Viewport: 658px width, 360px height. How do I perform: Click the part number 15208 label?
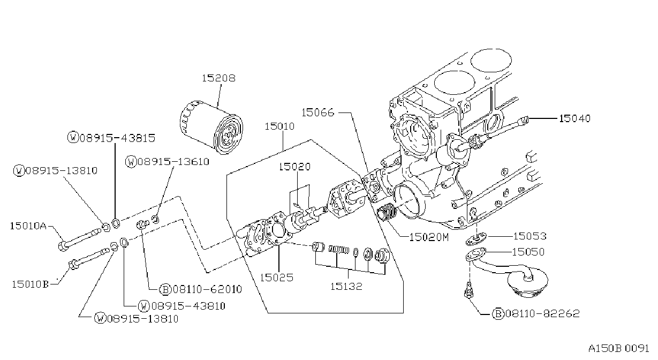click(218, 78)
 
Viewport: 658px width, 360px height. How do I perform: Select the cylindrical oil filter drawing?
click(211, 127)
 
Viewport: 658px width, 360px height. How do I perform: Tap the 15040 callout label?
click(574, 118)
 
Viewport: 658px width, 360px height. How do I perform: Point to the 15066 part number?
click(318, 112)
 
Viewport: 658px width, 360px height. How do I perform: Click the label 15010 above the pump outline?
click(279, 126)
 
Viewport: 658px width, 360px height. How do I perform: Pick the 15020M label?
click(429, 237)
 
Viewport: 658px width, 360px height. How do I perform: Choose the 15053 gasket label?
click(530, 236)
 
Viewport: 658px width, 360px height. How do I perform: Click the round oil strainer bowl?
click(527, 282)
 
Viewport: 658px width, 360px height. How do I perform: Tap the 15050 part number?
click(528, 252)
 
